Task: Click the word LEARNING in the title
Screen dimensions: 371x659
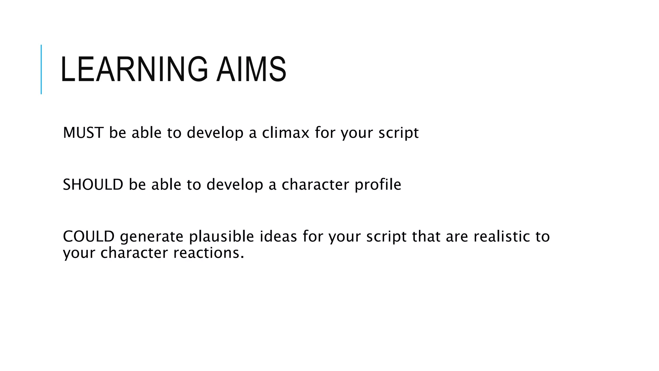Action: (x=134, y=69)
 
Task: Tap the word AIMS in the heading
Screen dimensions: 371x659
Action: (x=251, y=69)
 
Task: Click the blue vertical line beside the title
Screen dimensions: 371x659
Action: (x=41, y=69)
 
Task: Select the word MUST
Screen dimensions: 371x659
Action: (x=83, y=133)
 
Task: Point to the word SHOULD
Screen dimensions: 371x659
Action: (x=93, y=185)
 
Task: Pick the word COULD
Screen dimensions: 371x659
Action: (x=89, y=236)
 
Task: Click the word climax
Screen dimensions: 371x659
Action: (x=285, y=133)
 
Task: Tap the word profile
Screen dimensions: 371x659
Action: (x=378, y=185)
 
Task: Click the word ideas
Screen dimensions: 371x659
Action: (x=278, y=236)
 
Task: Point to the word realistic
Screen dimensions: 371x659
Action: (x=502, y=236)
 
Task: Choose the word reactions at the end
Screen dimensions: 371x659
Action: (x=209, y=253)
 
